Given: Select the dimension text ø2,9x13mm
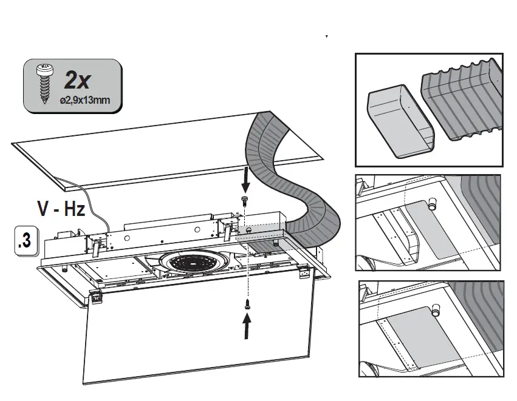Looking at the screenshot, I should (85, 100).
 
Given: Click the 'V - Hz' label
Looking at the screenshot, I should (61, 210).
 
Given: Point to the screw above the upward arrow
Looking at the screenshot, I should (247, 305).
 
